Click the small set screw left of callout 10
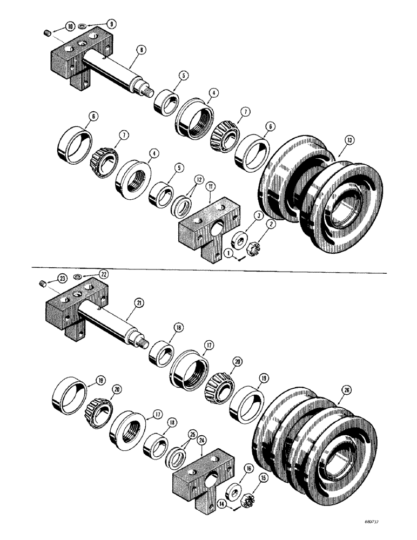coord(47,33)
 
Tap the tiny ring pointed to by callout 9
coord(80,26)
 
